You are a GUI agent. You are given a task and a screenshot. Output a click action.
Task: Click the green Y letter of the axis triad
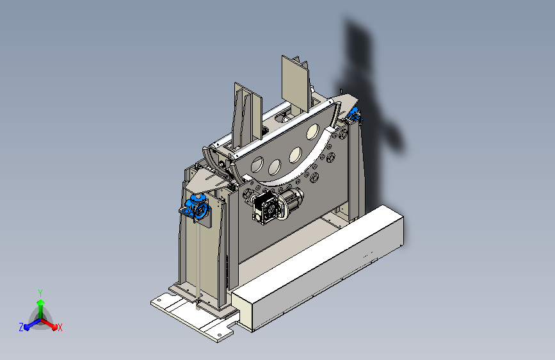click(x=40, y=293)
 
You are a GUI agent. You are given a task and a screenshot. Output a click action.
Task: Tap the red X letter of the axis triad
click(x=60, y=327)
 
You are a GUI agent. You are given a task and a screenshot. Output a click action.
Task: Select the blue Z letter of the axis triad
click(x=21, y=327)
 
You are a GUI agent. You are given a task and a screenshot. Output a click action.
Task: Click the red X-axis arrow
click(x=49, y=324)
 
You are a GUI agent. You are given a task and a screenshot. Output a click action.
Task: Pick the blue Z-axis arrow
click(x=32, y=324)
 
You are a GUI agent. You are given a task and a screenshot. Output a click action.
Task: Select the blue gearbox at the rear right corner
click(x=354, y=114)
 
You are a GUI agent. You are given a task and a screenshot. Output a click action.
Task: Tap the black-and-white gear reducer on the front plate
click(x=265, y=208)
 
